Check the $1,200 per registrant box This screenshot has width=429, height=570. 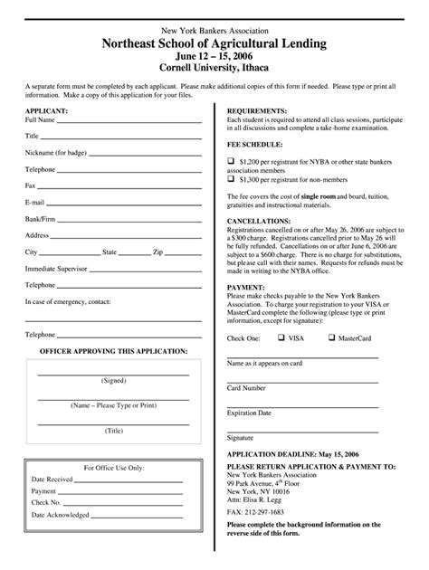[x=230, y=159]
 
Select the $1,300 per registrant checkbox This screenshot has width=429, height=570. [x=230, y=178]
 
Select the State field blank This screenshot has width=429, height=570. [x=134, y=253]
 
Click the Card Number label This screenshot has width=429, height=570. [x=246, y=387]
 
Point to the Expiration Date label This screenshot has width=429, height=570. [x=249, y=413]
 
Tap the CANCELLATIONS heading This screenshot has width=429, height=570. [x=259, y=220]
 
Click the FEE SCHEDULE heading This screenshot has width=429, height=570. [x=254, y=144]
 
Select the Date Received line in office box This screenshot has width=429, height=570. [x=117, y=480]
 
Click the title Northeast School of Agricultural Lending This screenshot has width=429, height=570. [x=214, y=43]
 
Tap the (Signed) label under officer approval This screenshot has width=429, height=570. [x=113, y=381]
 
